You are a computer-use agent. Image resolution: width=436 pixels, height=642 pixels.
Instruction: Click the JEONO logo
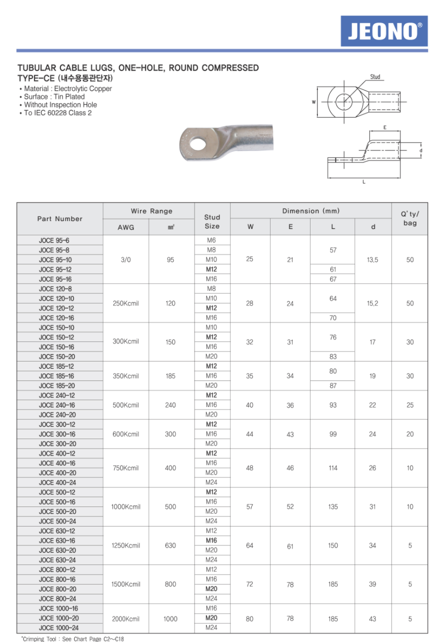384,31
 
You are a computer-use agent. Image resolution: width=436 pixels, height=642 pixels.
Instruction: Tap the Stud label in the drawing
375,77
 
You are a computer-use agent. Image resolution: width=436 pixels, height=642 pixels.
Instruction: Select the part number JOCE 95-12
55,269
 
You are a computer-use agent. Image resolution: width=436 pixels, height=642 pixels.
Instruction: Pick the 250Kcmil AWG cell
126,303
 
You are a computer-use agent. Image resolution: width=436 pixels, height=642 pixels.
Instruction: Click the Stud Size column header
212,221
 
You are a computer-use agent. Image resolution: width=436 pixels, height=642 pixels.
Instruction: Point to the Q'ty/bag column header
409,218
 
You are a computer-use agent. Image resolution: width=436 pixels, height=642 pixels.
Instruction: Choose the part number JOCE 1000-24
58,628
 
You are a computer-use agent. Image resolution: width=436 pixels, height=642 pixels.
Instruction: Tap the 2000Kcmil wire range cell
126,619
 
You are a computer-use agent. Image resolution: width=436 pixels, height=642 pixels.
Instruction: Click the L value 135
333,507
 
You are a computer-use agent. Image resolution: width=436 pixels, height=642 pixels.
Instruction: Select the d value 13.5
372,260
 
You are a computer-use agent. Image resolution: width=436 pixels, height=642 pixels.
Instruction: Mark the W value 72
250,584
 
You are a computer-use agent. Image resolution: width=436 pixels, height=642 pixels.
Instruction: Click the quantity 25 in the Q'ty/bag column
410,405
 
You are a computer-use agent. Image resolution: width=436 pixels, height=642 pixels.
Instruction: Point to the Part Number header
60,219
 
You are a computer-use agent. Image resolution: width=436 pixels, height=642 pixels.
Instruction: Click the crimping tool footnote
72,638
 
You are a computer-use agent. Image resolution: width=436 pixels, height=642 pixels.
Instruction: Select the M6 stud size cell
211,240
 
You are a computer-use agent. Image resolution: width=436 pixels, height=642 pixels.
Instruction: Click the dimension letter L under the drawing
364,182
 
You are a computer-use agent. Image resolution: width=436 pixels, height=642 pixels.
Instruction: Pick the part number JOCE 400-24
57,482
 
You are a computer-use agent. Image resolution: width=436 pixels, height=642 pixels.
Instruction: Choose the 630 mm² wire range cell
170,545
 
